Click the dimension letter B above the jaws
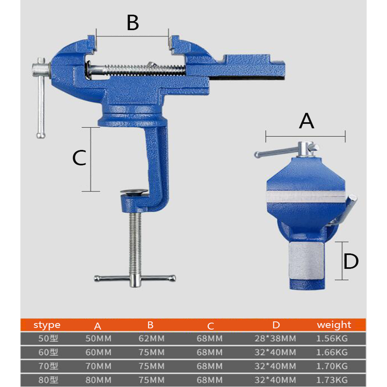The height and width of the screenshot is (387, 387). click(x=133, y=23)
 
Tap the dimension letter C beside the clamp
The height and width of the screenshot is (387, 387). click(x=79, y=158)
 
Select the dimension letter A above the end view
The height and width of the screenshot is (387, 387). click(x=306, y=121)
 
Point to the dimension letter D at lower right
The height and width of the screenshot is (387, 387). click(x=351, y=262)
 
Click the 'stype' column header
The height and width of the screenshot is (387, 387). click(x=47, y=325)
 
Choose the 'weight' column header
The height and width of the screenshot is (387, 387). click(x=334, y=325)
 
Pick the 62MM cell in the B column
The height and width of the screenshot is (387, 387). click(x=151, y=339)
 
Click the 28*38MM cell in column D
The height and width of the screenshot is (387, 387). click(x=275, y=339)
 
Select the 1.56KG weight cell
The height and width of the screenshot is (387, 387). click(x=332, y=339)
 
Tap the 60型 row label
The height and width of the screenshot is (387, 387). click(x=48, y=352)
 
